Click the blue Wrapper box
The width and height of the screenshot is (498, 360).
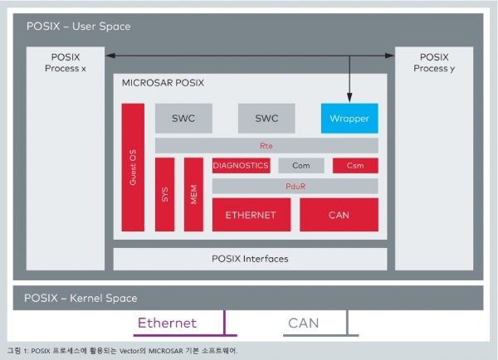tap(349, 118)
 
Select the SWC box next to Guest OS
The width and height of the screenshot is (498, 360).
tap(183, 118)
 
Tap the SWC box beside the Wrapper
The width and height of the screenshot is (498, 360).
tap(266, 118)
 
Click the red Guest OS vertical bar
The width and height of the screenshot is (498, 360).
tap(133, 168)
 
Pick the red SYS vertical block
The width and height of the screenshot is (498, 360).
tap(164, 194)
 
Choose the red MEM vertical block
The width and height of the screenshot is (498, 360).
tap(193, 194)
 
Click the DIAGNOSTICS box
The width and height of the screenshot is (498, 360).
tap(241, 165)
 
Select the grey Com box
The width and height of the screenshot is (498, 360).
tap(301, 165)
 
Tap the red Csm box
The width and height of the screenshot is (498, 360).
tap(355, 165)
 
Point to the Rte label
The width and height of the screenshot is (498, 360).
tap(266, 146)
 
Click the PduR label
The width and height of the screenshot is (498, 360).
tap(295, 186)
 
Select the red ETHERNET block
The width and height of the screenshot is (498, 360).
tap(251, 215)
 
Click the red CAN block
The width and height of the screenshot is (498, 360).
tap(339, 215)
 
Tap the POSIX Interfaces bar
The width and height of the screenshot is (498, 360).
tap(251, 259)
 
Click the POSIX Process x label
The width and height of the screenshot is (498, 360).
tap(66, 62)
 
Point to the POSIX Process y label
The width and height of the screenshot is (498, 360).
tap(434, 62)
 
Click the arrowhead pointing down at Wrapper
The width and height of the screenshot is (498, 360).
tap(349, 98)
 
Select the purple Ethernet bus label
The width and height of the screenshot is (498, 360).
tap(167, 323)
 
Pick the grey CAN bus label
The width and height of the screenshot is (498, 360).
tap(303, 324)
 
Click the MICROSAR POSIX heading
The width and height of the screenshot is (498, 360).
tap(163, 83)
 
